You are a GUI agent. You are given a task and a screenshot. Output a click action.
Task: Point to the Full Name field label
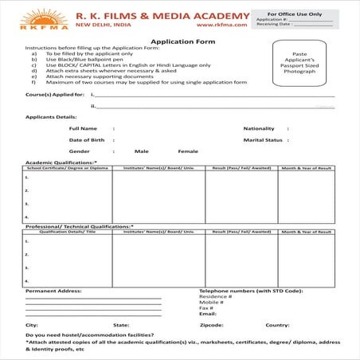coord(83,127)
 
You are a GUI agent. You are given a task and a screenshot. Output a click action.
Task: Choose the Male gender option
coord(142,151)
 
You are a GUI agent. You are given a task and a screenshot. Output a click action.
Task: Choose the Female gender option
coord(188,151)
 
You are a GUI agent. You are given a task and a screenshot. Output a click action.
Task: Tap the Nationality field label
coord(259,127)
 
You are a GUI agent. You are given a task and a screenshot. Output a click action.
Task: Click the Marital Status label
coord(263,139)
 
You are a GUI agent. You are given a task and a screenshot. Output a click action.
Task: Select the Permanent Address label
coord(53,291)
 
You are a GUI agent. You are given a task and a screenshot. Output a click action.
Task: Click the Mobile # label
coord(211,302)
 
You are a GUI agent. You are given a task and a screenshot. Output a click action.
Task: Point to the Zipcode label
coord(212,325)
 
